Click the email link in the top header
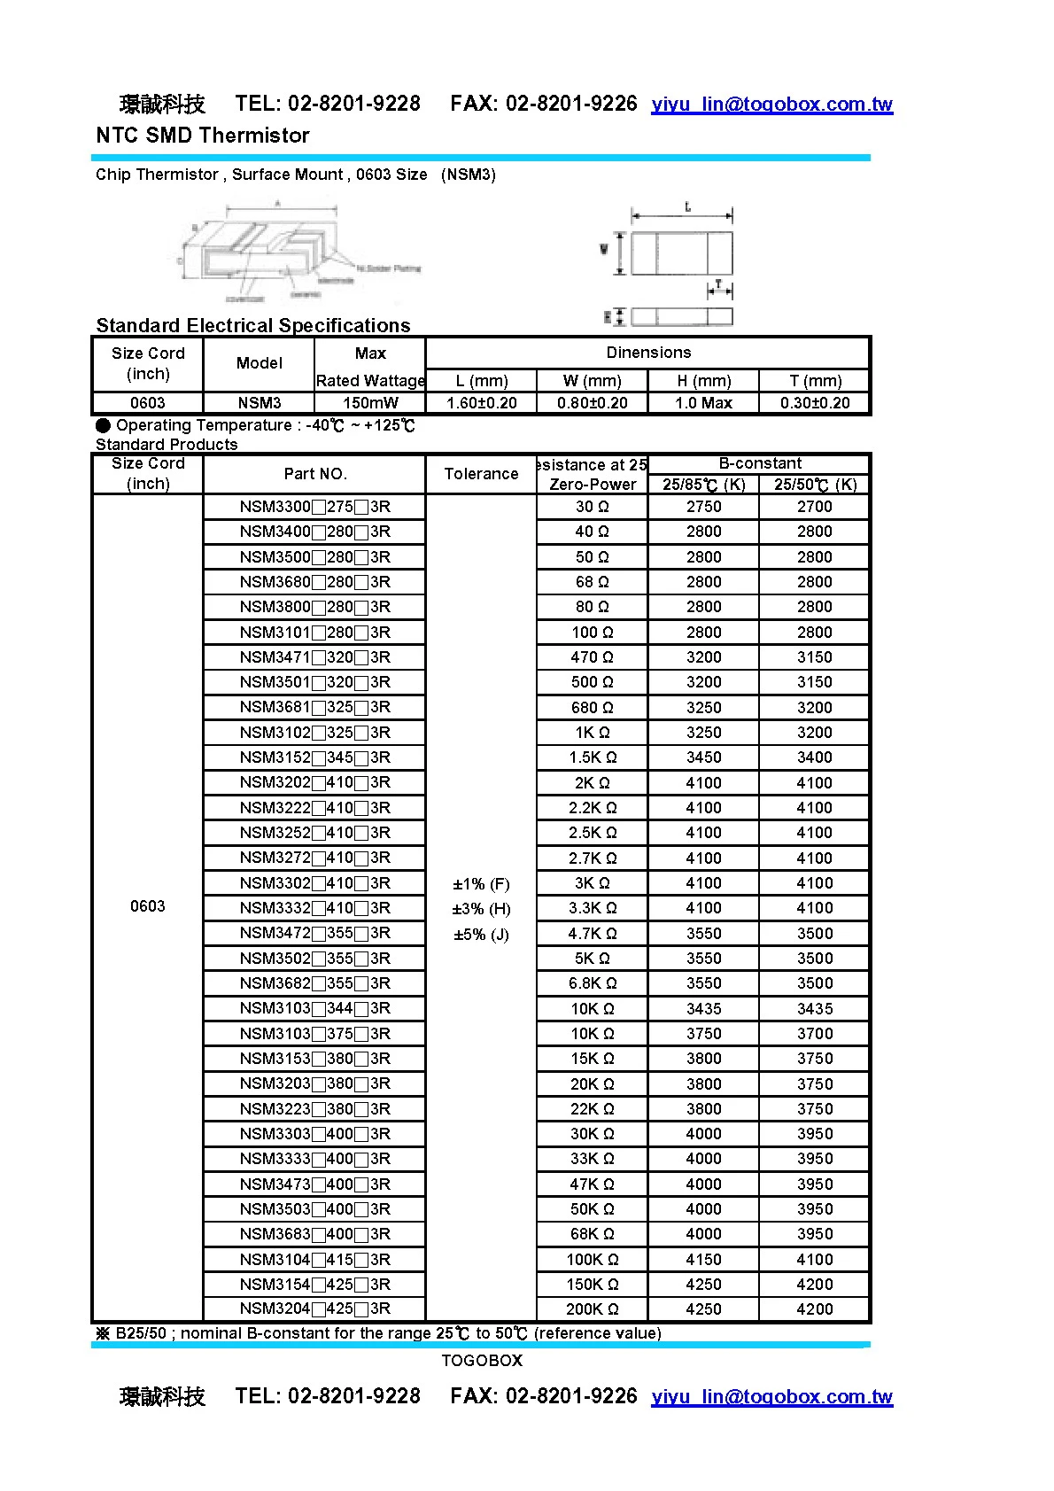pyautogui.click(x=771, y=105)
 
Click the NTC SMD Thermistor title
pyautogui.click(x=203, y=136)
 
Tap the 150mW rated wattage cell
pyautogui.click(x=370, y=403)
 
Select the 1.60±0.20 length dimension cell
pyautogui.click(x=481, y=403)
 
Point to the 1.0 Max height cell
pyautogui.click(x=703, y=403)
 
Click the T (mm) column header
pyautogui.click(x=815, y=381)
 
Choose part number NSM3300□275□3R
pyautogui.click(x=314, y=507)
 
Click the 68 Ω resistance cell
pyautogui.click(x=592, y=582)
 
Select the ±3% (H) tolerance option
pyautogui.click(x=481, y=909)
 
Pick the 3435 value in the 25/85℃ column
pyautogui.click(x=703, y=1008)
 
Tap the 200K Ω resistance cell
pyautogui.click(x=592, y=1309)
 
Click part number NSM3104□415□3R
pyautogui.click(x=314, y=1259)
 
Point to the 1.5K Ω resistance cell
pyautogui.click(x=592, y=757)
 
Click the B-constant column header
pyautogui.click(x=759, y=463)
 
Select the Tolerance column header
pyautogui.click(x=481, y=474)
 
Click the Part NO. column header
pyautogui.click(x=314, y=474)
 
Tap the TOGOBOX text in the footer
pyautogui.click(x=482, y=1360)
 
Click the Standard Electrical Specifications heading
pyautogui.click(x=253, y=325)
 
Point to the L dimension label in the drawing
pyautogui.click(x=687, y=207)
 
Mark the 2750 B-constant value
pyautogui.click(x=703, y=507)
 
